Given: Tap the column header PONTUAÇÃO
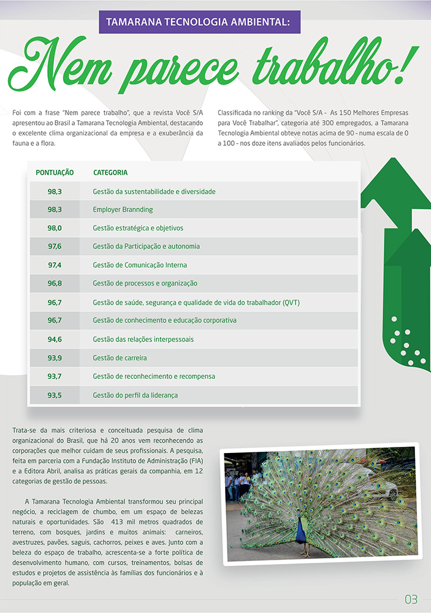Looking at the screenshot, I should (55, 173).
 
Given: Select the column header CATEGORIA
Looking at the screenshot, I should (110, 173).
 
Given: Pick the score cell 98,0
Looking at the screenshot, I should (55, 228).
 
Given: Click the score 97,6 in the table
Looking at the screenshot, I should (55, 246).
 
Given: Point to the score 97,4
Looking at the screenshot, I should (55, 265).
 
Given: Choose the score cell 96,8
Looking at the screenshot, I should (55, 284).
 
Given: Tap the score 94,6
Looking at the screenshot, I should (55, 339).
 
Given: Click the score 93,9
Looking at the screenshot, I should (55, 358).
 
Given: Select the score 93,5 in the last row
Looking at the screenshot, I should (55, 395).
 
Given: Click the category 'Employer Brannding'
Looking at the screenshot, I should (123, 210).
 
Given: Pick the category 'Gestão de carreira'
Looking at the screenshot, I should (120, 358).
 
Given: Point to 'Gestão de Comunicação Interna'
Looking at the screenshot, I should (140, 265).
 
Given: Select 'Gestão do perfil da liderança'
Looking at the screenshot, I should (135, 395).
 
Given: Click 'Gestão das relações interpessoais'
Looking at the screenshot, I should (143, 339).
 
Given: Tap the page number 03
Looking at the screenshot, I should (411, 598).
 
